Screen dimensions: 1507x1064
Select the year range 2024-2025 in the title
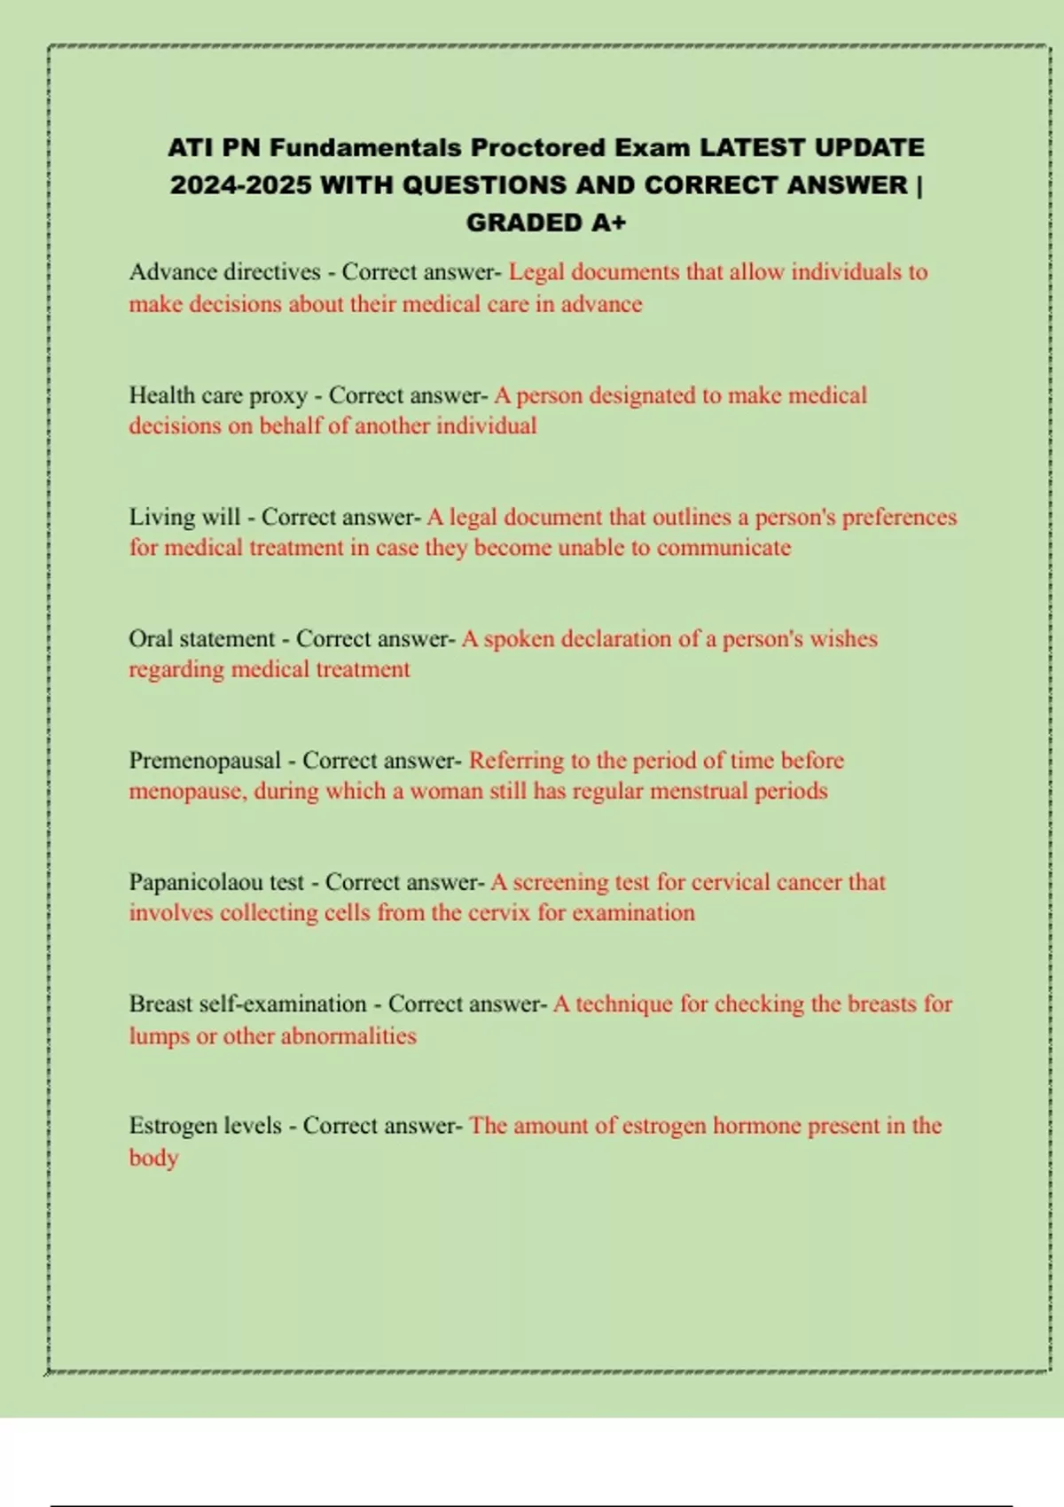point(240,185)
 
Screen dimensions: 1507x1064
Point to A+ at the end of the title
point(608,223)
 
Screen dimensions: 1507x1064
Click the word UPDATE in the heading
point(870,147)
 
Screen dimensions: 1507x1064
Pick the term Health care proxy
point(218,395)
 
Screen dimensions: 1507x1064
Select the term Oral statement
point(202,638)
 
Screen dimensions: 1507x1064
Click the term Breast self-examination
point(247,1004)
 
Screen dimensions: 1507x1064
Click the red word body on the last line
point(153,1158)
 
